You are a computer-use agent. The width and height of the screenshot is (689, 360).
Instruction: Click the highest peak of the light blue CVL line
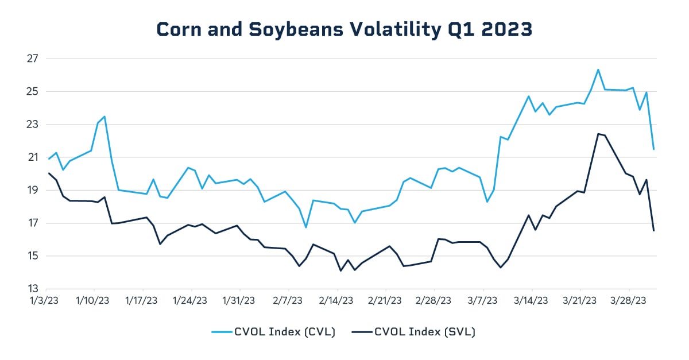click(x=598, y=69)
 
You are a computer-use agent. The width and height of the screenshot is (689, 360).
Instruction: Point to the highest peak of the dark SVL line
click(x=598, y=134)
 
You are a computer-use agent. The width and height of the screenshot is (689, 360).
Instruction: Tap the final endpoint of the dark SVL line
click(x=654, y=230)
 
